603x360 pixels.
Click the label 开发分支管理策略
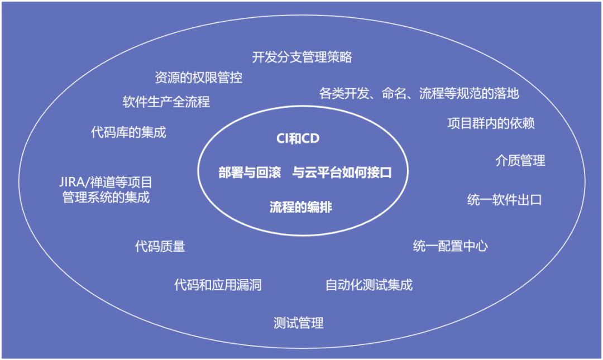tap(302, 57)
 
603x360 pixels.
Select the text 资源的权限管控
tap(198, 78)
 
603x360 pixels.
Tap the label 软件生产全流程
tap(166, 102)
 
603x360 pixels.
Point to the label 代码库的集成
tap(128, 132)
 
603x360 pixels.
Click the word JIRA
tap(73, 182)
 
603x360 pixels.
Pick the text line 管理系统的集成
tap(106, 198)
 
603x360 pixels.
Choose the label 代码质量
tap(160, 246)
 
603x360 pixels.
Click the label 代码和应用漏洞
tap(218, 285)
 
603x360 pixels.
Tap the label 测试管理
tap(298, 323)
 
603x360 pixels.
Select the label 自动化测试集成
tap(369, 285)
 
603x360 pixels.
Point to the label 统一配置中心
tap(451, 246)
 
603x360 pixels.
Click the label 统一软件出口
tap(504, 200)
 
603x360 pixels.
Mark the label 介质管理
tap(520, 161)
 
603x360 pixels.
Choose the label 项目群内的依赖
tap(491, 123)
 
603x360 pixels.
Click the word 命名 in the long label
tap(394, 93)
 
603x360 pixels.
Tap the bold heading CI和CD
tap(298, 138)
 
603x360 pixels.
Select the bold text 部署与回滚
tap(250, 172)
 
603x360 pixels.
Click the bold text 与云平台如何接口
tap(342, 172)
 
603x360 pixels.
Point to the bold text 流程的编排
tap(301, 207)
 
